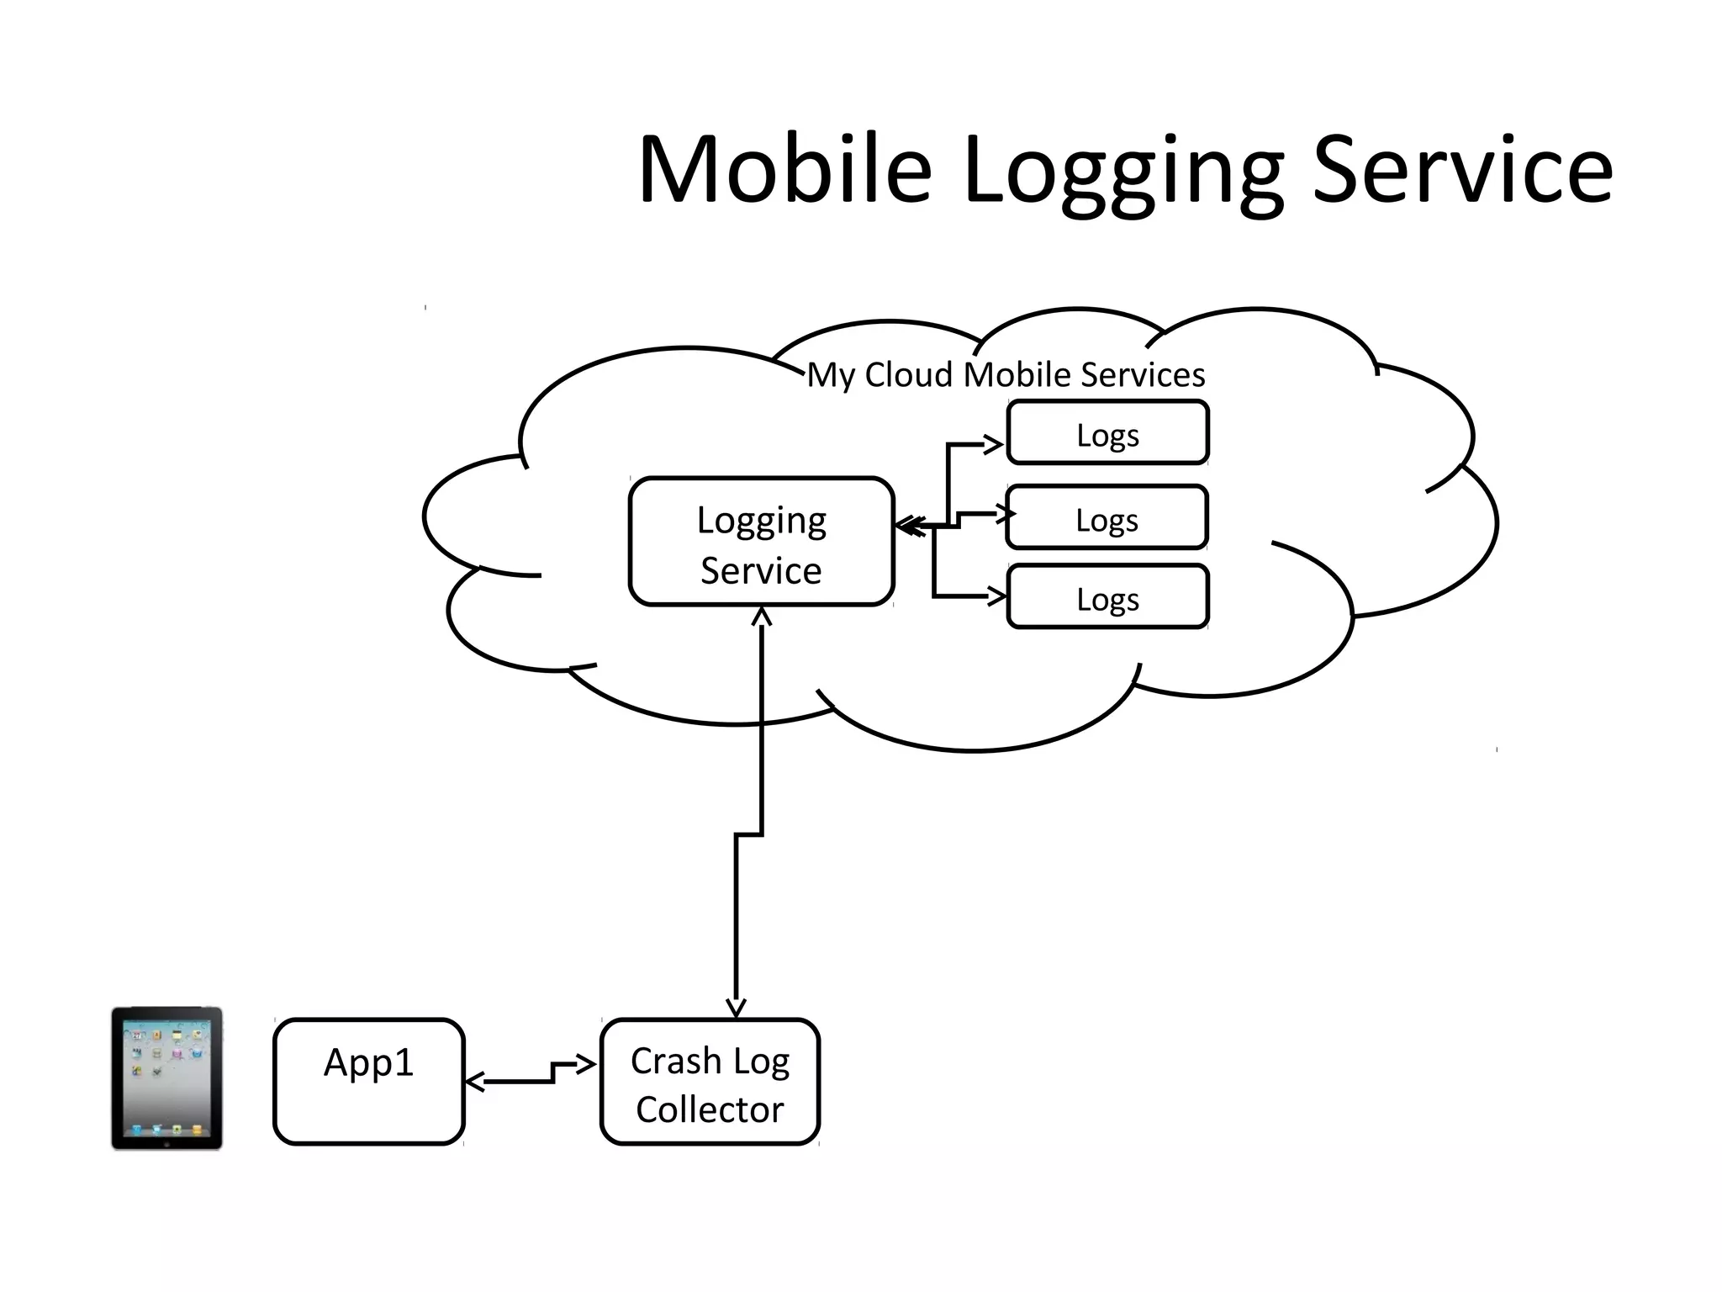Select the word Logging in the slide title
pyautogui.click(x=1122, y=172)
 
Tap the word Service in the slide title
pyautogui.click(x=1462, y=170)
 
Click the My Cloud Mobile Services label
pyautogui.click(x=1006, y=375)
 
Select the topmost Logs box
pyautogui.click(x=1107, y=433)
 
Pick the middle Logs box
pyautogui.click(x=1107, y=518)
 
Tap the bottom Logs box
pyautogui.click(x=1107, y=598)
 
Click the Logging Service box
pyautogui.click(x=761, y=543)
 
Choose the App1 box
pyautogui.click(x=368, y=1082)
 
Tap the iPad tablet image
pyautogui.click(x=166, y=1078)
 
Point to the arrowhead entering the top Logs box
pyautogui.click(x=994, y=444)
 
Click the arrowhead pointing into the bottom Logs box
pyautogui.click(x=997, y=596)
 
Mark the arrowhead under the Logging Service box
pyautogui.click(x=761, y=617)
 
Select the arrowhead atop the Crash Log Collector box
pyautogui.click(x=736, y=1008)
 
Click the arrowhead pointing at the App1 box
pyautogui.click(x=475, y=1082)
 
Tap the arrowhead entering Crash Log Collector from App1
pyautogui.click(x=586, y=1065)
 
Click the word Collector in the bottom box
pyautogui.click(x=710, y=1110)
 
